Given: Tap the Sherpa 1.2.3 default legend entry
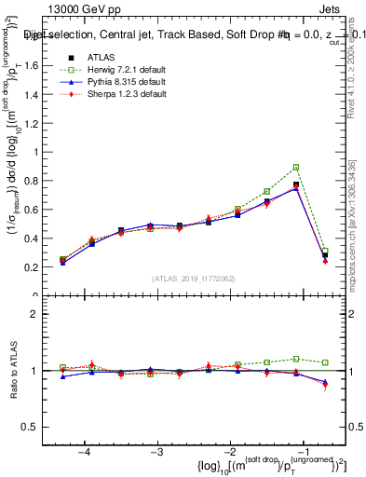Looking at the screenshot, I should [116, 93].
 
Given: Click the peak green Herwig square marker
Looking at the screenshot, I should [296, 168].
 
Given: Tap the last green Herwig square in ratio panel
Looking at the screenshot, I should [325, 362].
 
